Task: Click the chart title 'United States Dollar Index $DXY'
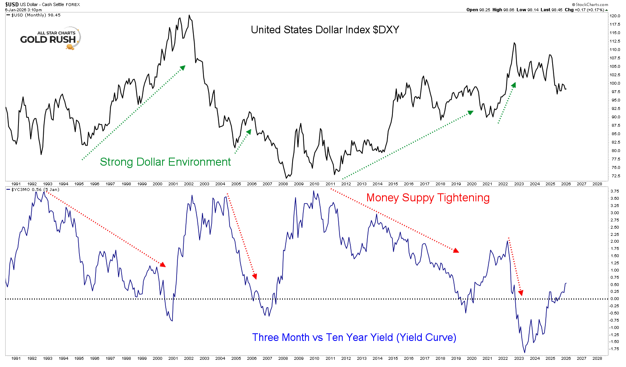point(325,30)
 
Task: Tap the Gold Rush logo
point(50,39)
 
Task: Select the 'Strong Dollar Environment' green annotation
point(165,162)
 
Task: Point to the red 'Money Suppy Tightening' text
point(428,198)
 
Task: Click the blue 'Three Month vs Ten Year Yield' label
point(354,337)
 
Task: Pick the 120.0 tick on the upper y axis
point(615,16)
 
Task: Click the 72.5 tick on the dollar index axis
point(615,176)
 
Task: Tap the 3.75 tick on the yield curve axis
point(614,191)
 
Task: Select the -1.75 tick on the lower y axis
point(614,349)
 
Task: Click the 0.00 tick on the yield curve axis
point(614,299)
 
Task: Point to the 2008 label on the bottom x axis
point(283,358)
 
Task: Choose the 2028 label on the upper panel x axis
point(597,184)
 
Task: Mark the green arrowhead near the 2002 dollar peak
point(183,67)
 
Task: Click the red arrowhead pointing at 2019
point(456,251)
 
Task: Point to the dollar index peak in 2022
point(514,43)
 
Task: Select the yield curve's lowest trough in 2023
point(525,352)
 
